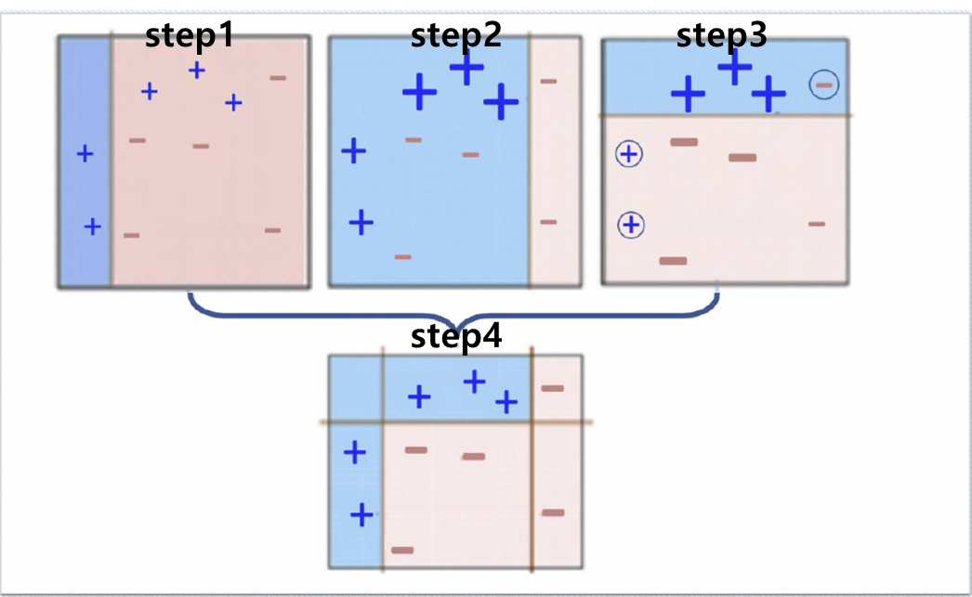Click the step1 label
coord(189,36)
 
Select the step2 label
coord(455,36)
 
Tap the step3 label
coord(721,36)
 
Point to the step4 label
coord(455,336)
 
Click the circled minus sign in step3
coord(823,85)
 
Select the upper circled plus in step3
coord(629,154)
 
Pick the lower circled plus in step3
coord(631,225)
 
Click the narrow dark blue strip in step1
coord(84,162)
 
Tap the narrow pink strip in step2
coord(555,162)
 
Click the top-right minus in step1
coord(278,78)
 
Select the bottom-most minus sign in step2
coord(402,256)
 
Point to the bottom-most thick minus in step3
coord(673,261)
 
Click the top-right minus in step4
coord(553,388)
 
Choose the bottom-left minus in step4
coord(402,550)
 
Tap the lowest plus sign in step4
coord(361,513)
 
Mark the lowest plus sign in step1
coord(91,226)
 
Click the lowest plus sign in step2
coord(361,222)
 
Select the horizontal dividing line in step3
coord(725,115)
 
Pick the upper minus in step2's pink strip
coord(548,82)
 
